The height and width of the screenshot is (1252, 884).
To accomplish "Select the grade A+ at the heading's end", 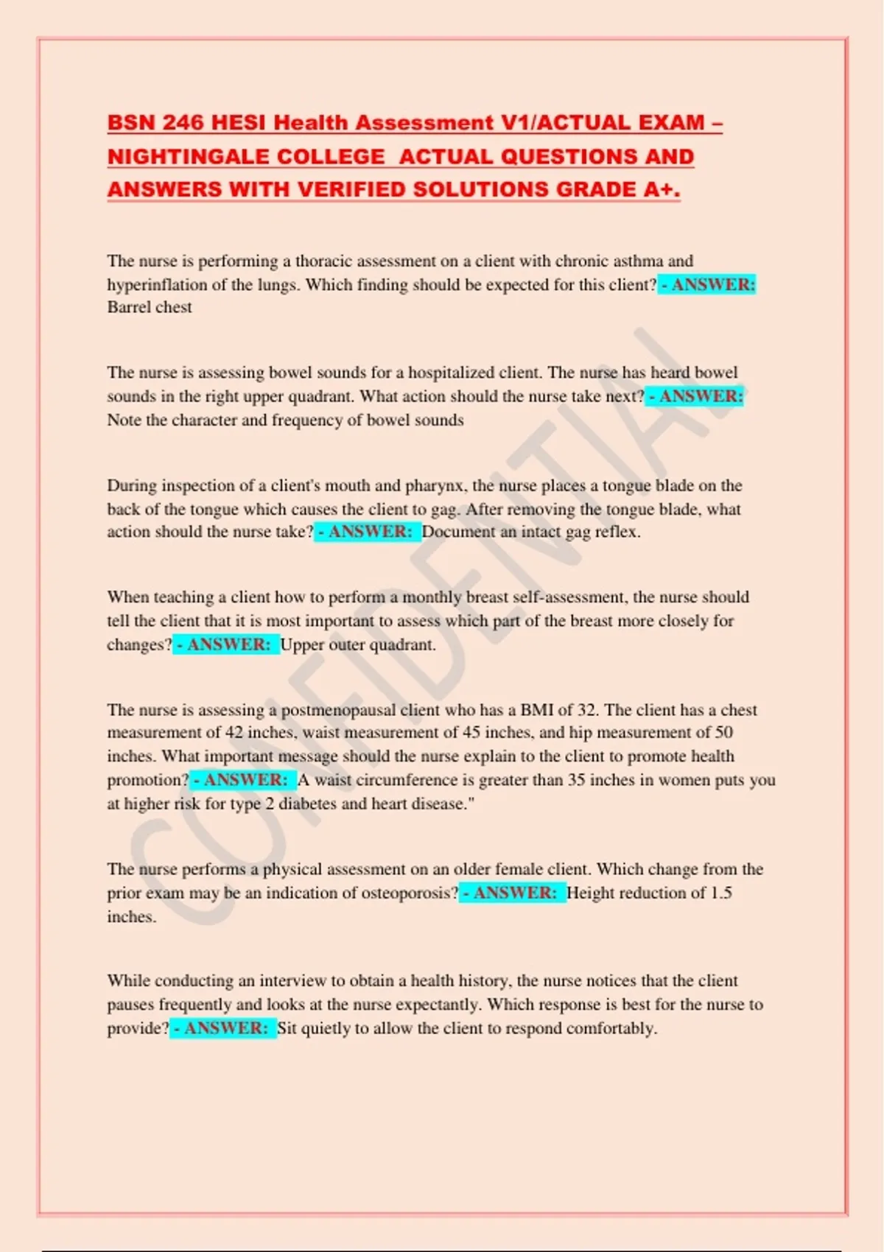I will [x=661, y=189].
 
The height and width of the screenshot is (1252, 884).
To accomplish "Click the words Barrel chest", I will [x=150, y=307].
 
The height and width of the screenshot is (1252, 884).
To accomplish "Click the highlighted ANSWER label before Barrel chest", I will [x=707, y=284].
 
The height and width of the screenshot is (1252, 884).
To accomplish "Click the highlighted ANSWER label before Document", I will [x=368, y=532].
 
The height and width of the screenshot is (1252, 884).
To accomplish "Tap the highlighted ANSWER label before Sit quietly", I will [x=223, y=1028].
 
